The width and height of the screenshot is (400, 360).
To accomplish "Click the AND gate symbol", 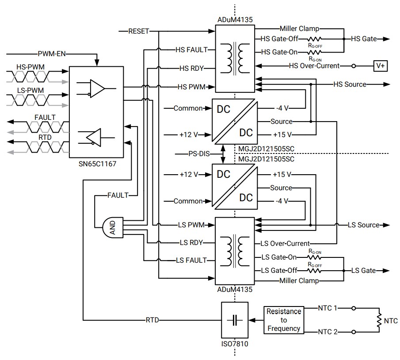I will (x=112, y=227).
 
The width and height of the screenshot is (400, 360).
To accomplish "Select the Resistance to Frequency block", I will (x=284, y=320).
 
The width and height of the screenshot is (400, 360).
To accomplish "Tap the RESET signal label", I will (x=138, y=31).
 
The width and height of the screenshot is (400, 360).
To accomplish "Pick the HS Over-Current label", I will (x=314, y=66).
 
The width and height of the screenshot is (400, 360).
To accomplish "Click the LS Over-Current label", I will (x=285, y=243).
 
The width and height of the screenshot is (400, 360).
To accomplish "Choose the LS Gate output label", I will (x=363, y=270).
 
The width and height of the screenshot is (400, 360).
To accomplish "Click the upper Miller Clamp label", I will (x=299, y=28).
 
